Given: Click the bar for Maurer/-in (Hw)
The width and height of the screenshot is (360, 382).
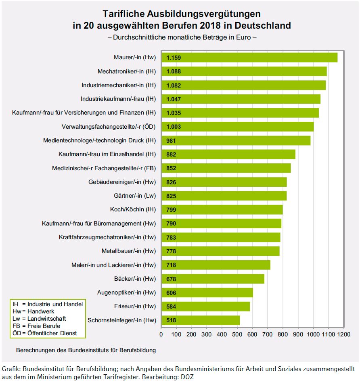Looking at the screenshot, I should [249, 58].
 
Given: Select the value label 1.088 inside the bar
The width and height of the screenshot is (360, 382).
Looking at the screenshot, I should [174, 72].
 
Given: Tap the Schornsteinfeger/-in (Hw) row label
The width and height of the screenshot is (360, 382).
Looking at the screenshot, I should [121, 321].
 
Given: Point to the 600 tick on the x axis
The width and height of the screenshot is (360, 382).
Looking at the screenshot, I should [253, 334].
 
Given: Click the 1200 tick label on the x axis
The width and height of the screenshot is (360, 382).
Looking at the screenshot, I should [343, 334].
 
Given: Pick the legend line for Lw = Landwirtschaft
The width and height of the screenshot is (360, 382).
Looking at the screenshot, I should [40, 319].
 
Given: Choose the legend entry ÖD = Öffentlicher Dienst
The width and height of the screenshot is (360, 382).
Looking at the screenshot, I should [45, 333].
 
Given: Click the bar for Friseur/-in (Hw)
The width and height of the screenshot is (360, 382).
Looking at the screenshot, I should [205, 307].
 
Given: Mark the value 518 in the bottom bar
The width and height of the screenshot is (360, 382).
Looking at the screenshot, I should [172, 321].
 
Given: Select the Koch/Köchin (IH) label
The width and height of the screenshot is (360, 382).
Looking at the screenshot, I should [133, 210].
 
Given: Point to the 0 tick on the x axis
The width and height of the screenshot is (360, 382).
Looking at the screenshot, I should [161, 334].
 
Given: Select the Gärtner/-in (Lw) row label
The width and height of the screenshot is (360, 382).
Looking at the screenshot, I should [135, 196].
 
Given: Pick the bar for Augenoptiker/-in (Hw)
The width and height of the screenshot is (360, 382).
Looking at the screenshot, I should [207, 293].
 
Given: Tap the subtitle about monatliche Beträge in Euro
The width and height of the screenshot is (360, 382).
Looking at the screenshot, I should [182, 37].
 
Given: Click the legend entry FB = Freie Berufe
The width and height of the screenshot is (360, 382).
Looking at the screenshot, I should [36, 326].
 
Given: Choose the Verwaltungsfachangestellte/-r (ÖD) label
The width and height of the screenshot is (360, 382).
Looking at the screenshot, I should [109, 127].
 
